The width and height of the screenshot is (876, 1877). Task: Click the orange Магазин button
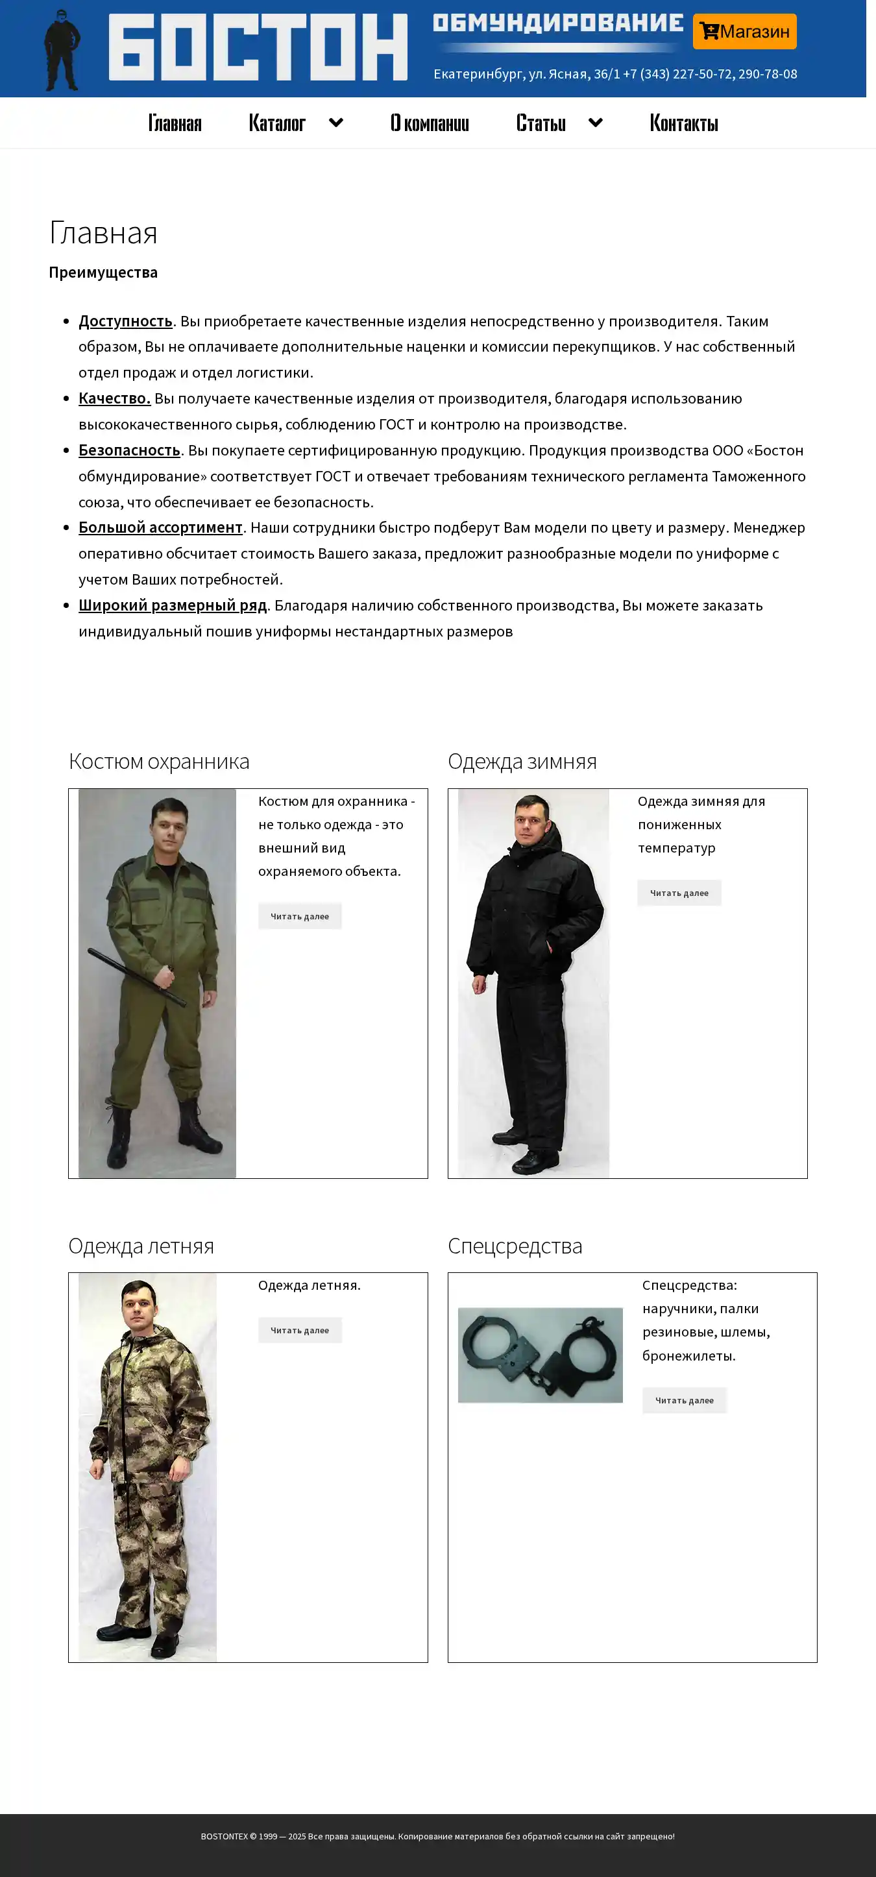pos(744,31)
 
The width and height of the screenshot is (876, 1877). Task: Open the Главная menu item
pos(175,123)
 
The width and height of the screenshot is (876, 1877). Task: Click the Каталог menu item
pos(277,123)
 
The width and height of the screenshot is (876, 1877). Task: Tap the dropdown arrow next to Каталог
pos(336,123)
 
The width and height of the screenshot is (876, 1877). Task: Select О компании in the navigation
pos(430,123)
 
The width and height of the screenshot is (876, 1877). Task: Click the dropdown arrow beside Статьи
pos(596,123)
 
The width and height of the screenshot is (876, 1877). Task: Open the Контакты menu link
pos(683,123)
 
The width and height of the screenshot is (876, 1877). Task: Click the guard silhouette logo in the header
pos(61,50)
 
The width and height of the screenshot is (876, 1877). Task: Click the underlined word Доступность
pos(125,321)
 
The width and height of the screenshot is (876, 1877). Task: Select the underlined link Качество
pos(114,398)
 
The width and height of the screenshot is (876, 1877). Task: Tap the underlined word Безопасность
pos(129,450)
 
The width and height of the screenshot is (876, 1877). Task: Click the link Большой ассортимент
pos(160,527)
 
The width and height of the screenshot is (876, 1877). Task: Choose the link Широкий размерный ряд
pos(173,605)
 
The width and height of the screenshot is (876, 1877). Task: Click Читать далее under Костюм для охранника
pos(300,917)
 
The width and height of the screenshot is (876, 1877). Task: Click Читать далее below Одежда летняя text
pos(300,1331)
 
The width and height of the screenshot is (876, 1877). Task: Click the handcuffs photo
pos(540,1355)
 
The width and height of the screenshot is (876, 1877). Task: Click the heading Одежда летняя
pos(141,1246)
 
